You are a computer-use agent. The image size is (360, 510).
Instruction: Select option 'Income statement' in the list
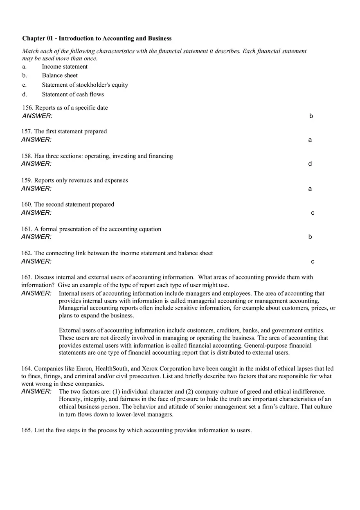click(65, 67)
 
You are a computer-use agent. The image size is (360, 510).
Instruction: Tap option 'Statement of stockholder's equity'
click(85, 85)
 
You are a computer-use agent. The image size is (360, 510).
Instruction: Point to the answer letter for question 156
click(311, 116)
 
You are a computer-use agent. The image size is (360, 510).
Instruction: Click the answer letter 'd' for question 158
click(310, 164)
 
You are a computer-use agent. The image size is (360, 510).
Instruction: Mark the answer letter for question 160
click(313, 213)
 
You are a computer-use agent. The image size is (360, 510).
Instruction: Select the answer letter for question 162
click(313, 262)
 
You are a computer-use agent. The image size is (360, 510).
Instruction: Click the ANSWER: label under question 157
click(36, 140)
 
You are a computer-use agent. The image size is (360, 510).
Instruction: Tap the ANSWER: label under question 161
click(36, 237)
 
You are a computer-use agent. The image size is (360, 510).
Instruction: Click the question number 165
click(27, 430)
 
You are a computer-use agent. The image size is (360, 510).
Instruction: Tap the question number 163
click(27, 277)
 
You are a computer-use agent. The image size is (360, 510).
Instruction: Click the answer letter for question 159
click(310, 189)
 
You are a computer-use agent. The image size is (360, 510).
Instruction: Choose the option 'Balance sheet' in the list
click(60, 76)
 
